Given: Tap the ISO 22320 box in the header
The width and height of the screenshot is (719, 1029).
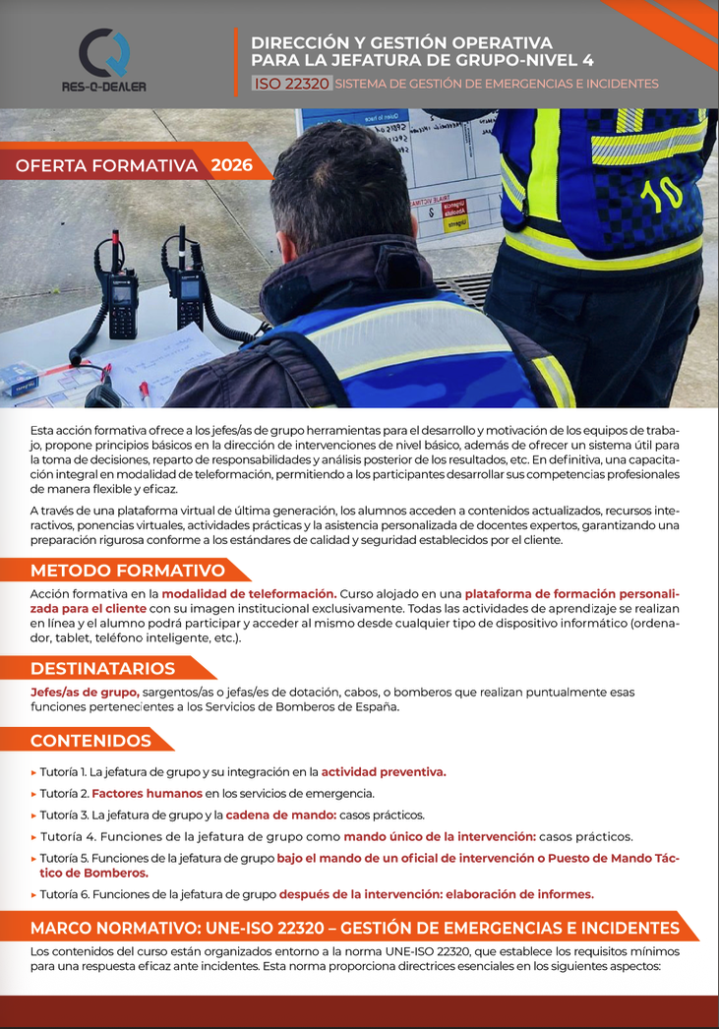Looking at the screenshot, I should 291,84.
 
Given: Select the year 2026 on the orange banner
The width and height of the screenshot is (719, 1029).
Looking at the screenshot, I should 231,165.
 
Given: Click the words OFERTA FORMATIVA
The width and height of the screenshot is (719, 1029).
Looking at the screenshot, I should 107,165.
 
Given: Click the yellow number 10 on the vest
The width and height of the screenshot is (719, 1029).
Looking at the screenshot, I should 660,193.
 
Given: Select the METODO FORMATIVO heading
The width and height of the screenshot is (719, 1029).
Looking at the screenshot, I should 128,571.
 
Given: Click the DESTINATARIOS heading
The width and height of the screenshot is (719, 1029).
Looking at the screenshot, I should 103,669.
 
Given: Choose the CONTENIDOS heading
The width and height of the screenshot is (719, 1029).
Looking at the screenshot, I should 91,741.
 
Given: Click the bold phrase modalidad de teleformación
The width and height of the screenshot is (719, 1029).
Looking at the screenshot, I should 249,594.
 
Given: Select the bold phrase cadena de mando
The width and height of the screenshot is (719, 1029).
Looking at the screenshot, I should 280,816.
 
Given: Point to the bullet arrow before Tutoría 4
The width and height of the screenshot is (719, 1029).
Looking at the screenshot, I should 33,837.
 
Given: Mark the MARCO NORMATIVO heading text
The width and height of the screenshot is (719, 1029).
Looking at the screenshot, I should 354,928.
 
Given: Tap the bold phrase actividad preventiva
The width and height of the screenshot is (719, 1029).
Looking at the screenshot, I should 384,772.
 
